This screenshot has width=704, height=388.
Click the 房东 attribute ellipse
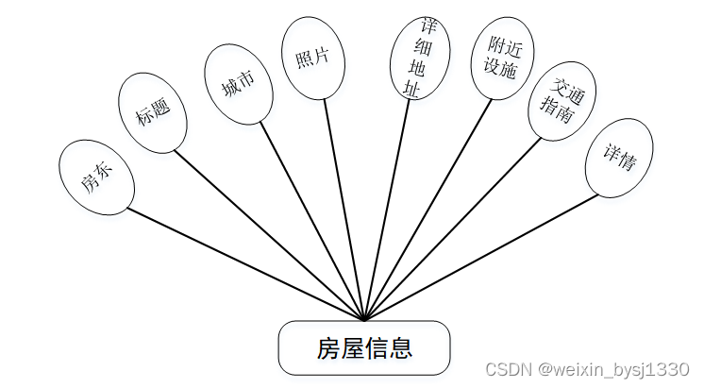click(x=95, y=176)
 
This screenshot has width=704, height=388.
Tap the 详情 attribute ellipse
click(x=619, y=159)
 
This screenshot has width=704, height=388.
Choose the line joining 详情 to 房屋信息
click(x=481, y=256)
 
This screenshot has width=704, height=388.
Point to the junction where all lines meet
click(x=364, y=320)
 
